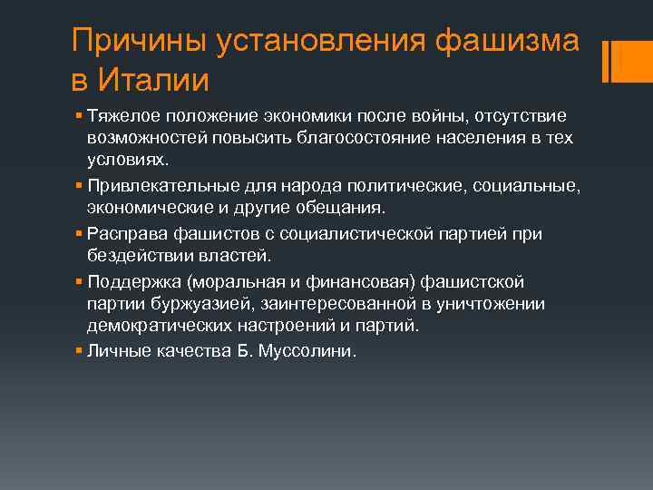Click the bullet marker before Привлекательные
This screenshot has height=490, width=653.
click(80, 185)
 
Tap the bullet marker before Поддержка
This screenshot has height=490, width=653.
click(80, 283)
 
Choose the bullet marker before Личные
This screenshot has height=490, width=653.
click(80, 351)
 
